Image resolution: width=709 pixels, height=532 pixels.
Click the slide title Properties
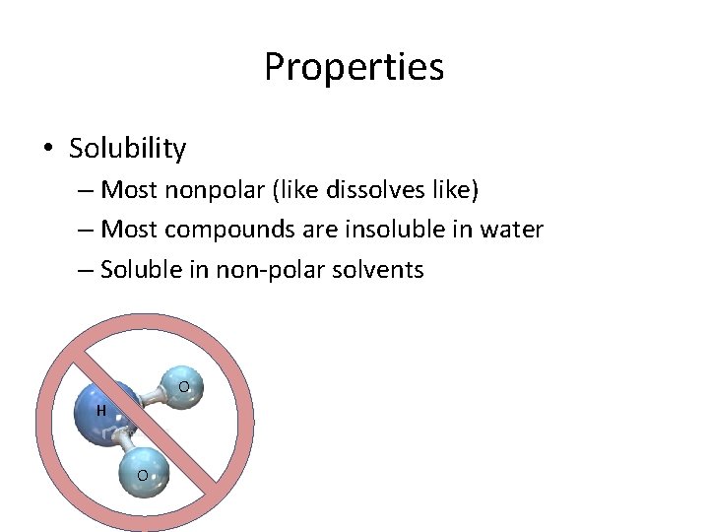click(354, 67)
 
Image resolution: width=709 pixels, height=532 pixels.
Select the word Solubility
click(127, 149)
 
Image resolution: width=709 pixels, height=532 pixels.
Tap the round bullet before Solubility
click(48, 150)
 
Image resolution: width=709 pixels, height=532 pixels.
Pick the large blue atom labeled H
click(106, 413)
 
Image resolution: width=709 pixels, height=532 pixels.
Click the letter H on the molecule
click(100, 410)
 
